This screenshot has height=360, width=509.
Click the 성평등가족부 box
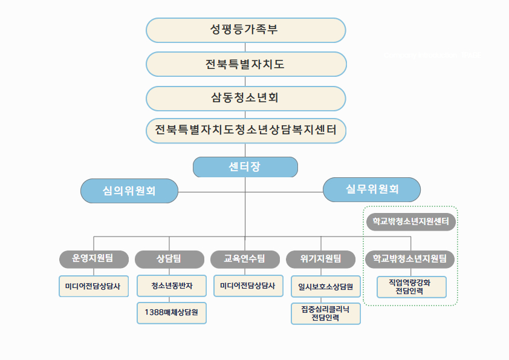tap(245, 30)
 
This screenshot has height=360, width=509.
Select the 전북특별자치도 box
tap(245, 64)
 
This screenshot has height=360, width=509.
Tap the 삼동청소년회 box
tap(245, 97)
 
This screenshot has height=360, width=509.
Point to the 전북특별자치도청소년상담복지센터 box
tap(245, 130)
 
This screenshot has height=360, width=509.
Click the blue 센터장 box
tap(245, 167)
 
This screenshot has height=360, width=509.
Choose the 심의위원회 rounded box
tap(129, 191)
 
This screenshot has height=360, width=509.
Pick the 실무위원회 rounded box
tap(372, 189)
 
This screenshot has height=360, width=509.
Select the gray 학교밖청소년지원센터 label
tap(410, 222)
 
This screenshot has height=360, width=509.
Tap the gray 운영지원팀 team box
tap(93, 259)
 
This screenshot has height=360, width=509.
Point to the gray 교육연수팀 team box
tap(245, 259)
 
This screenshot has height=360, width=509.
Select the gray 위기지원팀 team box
tap(321, 259)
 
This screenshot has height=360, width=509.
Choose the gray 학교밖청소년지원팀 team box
tap(410, 259)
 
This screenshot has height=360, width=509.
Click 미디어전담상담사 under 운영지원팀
tap(94, 286)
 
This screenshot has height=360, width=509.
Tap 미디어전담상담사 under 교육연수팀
tap(248, 286)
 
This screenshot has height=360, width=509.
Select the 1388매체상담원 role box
tap(172, 313)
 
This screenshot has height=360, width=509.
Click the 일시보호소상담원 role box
tap(325, 286)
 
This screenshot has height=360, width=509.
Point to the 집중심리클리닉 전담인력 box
tap(325, 313)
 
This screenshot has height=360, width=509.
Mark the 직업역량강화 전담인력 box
tap(411, 287)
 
